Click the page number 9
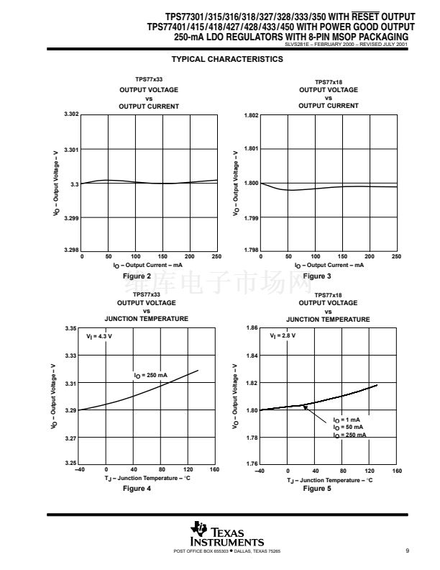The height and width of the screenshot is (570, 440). click(x=407, y=551)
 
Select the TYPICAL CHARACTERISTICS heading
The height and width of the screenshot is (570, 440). click(x=228, y=59)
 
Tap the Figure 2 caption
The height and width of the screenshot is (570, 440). click(x=137, y=276)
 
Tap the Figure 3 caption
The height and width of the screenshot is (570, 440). click(x=317, y=276)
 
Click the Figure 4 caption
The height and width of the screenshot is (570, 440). click(x=137, y=489)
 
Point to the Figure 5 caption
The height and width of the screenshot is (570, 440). click(x=317, y=489)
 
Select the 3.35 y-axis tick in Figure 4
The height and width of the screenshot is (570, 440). click(x=71, y=328)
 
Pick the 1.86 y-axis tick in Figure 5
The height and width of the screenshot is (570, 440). click(x=252, y=328)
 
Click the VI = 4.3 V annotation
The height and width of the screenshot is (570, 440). click(x=99, y=336)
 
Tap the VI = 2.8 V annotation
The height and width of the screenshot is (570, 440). click(x=282, y=336)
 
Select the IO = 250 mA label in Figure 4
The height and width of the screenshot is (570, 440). click(x=150, y=375)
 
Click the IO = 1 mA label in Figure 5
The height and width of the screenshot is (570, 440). click(x=346, y=420)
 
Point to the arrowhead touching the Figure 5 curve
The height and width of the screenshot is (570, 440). click(x=305, y=407)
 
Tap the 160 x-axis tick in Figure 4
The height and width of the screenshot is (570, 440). click(x=214, y=470)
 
